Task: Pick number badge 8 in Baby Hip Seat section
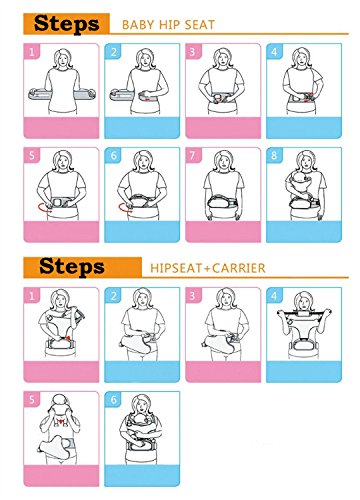pos(274,156)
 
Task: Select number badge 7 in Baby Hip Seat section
pos(193,156)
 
